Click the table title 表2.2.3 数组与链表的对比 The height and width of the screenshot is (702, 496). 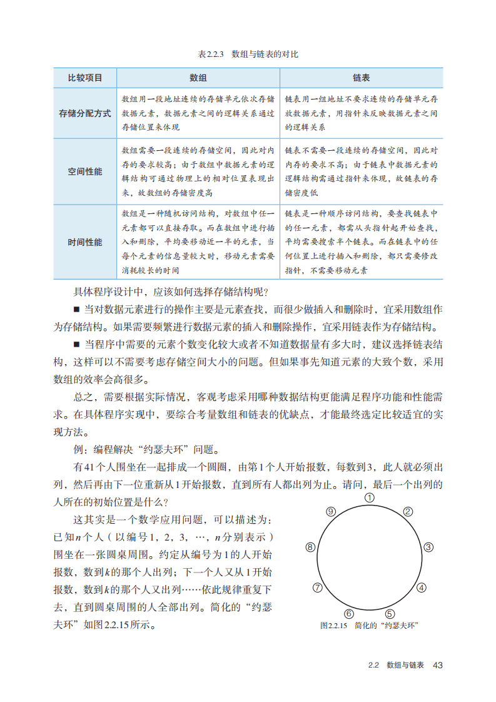coord(248,54)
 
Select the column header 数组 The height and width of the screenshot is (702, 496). coord(198,78)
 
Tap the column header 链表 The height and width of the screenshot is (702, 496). coord(361,78)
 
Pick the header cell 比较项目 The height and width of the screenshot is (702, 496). coord(84,78)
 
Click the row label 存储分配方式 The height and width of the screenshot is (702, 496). coord(84,113)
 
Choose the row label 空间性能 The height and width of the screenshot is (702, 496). coord(84,171)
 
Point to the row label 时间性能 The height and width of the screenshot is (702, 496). coord(84,242)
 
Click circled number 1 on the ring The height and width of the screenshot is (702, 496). coord(370,498)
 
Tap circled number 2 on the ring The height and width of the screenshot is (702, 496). coord(408,512)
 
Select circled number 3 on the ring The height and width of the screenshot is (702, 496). coord(428,547)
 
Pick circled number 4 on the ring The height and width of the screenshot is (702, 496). coord(422,588)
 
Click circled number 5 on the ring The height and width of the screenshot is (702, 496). coord(390,614)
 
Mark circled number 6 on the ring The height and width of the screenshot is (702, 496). coord(349,614)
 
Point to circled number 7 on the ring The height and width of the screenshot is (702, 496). coord(318,588)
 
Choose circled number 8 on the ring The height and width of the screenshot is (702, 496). coord(310,547)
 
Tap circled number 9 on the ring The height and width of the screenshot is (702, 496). coord(331,512)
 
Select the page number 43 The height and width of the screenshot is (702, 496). coord(437,665)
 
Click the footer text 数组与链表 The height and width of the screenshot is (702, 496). coord(405,665)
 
